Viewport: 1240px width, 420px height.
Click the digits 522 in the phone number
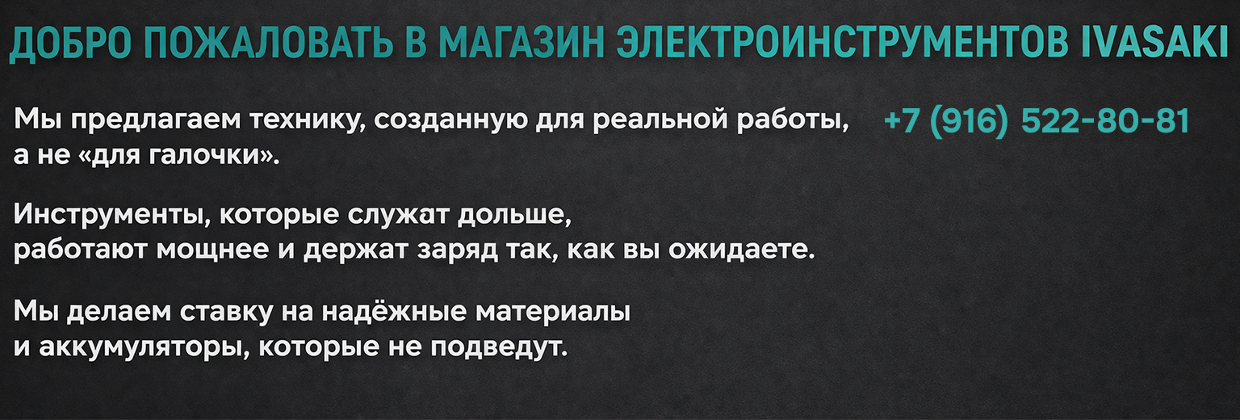1049,121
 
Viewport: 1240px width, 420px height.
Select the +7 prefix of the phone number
902,121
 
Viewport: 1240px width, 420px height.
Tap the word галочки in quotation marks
205,156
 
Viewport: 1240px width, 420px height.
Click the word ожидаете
742,250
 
